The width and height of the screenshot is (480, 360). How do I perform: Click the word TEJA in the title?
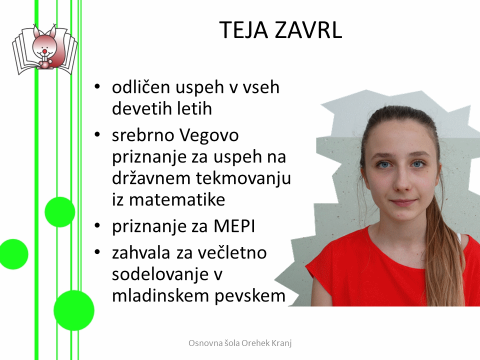tap(243, 30)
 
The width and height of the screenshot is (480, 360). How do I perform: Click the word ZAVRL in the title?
tap(308, 30)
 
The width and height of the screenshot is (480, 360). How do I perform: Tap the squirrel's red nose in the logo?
tap(44, 51)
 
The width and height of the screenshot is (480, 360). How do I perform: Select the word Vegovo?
tap(209, 135)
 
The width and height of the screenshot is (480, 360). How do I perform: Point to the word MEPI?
tap(234, 226)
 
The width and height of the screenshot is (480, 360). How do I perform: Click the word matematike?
tap(177, 200)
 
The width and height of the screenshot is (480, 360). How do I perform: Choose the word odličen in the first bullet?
tap(141, 87)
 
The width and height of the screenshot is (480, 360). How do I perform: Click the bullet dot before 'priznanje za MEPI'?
tap(97, 226)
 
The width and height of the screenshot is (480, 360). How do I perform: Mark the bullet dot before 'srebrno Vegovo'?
tap(97, 134)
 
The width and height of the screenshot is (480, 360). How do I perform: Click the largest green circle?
tap(74, 310)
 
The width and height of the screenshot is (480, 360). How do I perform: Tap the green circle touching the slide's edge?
tap(13, 254)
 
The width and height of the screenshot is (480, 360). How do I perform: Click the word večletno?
tap(232, 253)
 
